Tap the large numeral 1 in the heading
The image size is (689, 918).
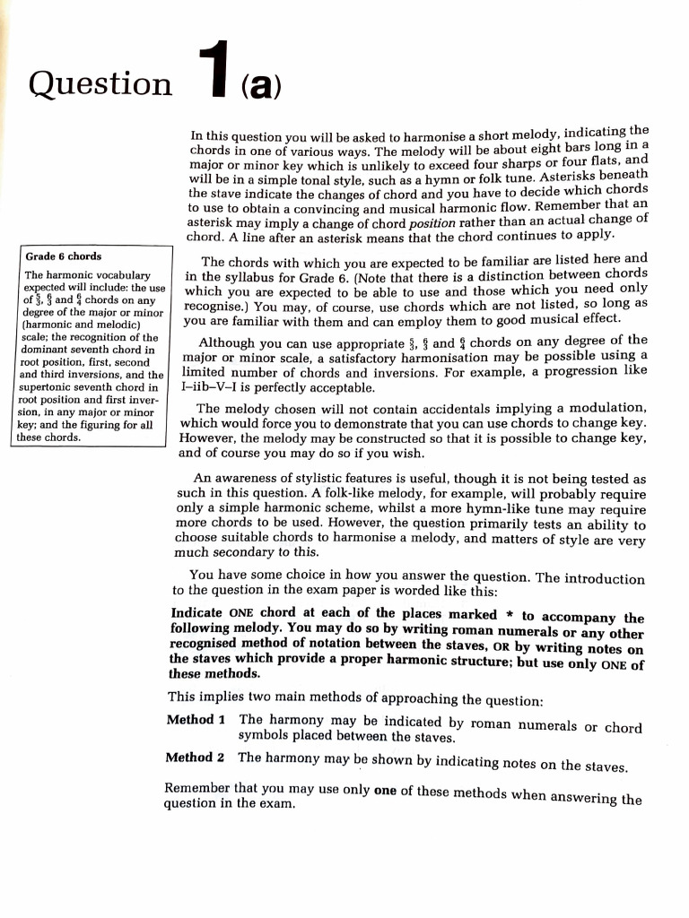click(x=212, y=74)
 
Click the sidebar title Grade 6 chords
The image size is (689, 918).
click(x=64, y=256)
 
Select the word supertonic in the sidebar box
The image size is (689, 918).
click(x=46, y=387)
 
